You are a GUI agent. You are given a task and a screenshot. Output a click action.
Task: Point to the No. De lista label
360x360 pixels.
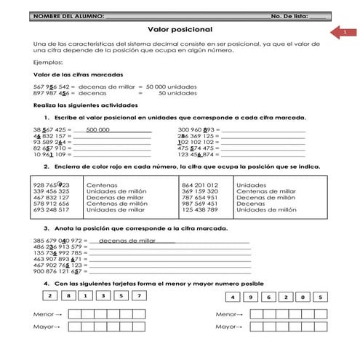pos(289,15)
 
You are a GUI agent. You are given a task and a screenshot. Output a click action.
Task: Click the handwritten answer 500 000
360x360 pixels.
pos(97,129)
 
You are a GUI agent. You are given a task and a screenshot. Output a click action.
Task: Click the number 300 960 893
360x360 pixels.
pos(199,129)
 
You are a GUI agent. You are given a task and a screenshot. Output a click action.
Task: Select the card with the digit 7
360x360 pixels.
pos(137,296)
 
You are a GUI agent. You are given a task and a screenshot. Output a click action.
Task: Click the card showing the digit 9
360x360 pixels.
pos(249,297)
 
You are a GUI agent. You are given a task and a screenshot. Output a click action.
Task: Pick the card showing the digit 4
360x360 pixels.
pos(231,297)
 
